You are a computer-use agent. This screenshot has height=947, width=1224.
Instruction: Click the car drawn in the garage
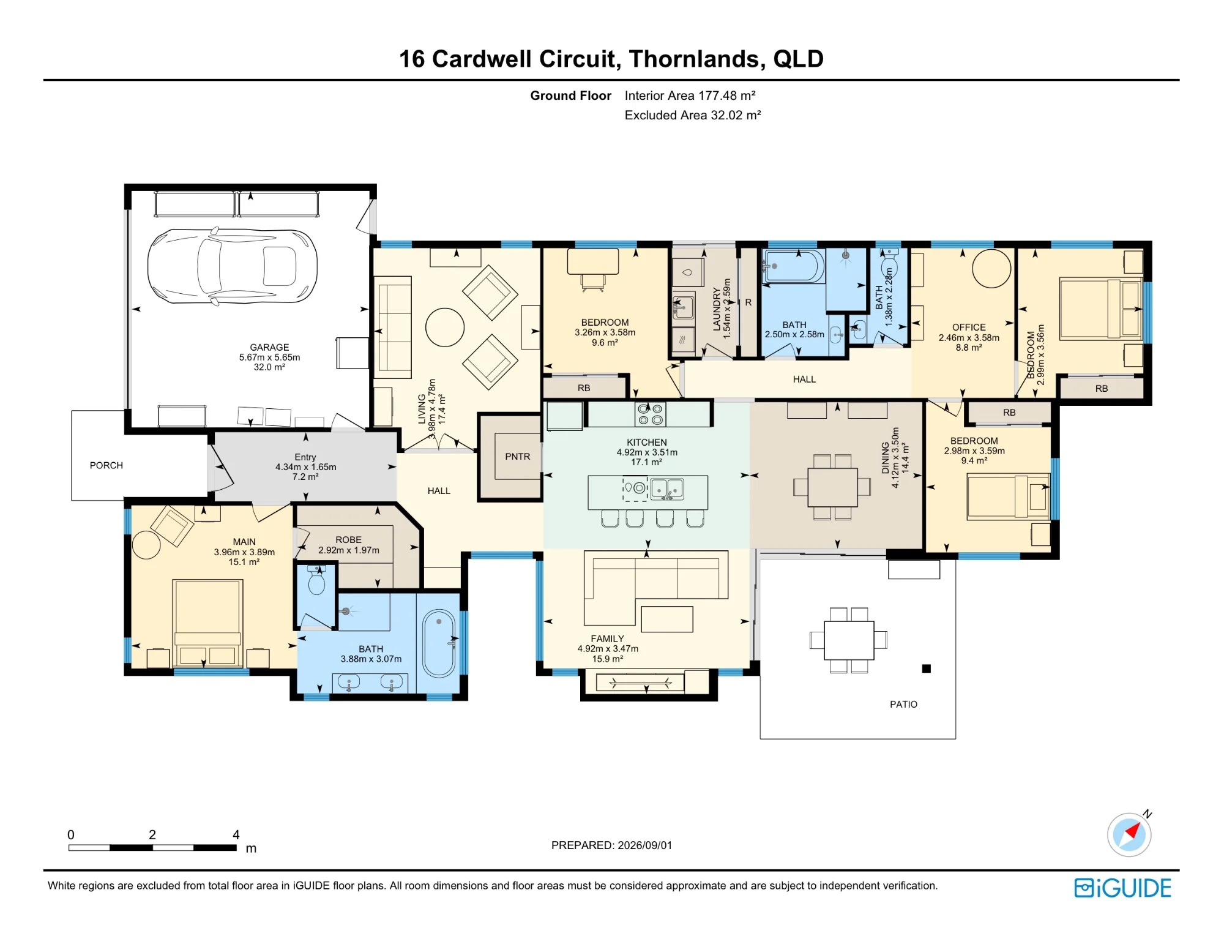pos(233,266)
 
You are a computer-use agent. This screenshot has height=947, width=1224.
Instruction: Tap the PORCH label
pos(106,465)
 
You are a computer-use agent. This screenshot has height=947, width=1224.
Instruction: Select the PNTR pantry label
pos(518,457)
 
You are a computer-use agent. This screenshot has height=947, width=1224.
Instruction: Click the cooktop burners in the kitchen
pos(651,414)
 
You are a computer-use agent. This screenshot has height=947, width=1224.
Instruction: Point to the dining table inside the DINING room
pos(832,487)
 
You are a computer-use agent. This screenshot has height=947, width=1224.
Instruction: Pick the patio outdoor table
pos(849,640)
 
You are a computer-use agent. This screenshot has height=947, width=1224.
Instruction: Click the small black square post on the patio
pos(927,668)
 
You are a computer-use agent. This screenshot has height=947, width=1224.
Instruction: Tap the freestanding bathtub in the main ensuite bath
pos(439,643)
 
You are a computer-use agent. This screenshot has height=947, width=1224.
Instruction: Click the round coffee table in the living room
pos(445,328)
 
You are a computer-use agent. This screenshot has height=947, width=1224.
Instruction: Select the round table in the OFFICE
pos(991,269)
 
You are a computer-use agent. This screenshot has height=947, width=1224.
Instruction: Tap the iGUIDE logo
pos(1123,888)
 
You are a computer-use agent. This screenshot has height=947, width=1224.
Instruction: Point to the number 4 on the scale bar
pos(236,834)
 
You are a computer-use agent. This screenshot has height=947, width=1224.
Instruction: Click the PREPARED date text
pos(612,845)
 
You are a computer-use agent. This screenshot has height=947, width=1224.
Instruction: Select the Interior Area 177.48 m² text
pos(690,95)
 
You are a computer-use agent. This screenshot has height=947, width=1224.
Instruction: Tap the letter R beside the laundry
pos(748,302)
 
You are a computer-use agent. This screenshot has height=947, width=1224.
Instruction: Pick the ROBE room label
pos(348,540)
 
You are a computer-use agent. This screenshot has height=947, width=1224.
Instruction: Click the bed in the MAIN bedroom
pos(207,623)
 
